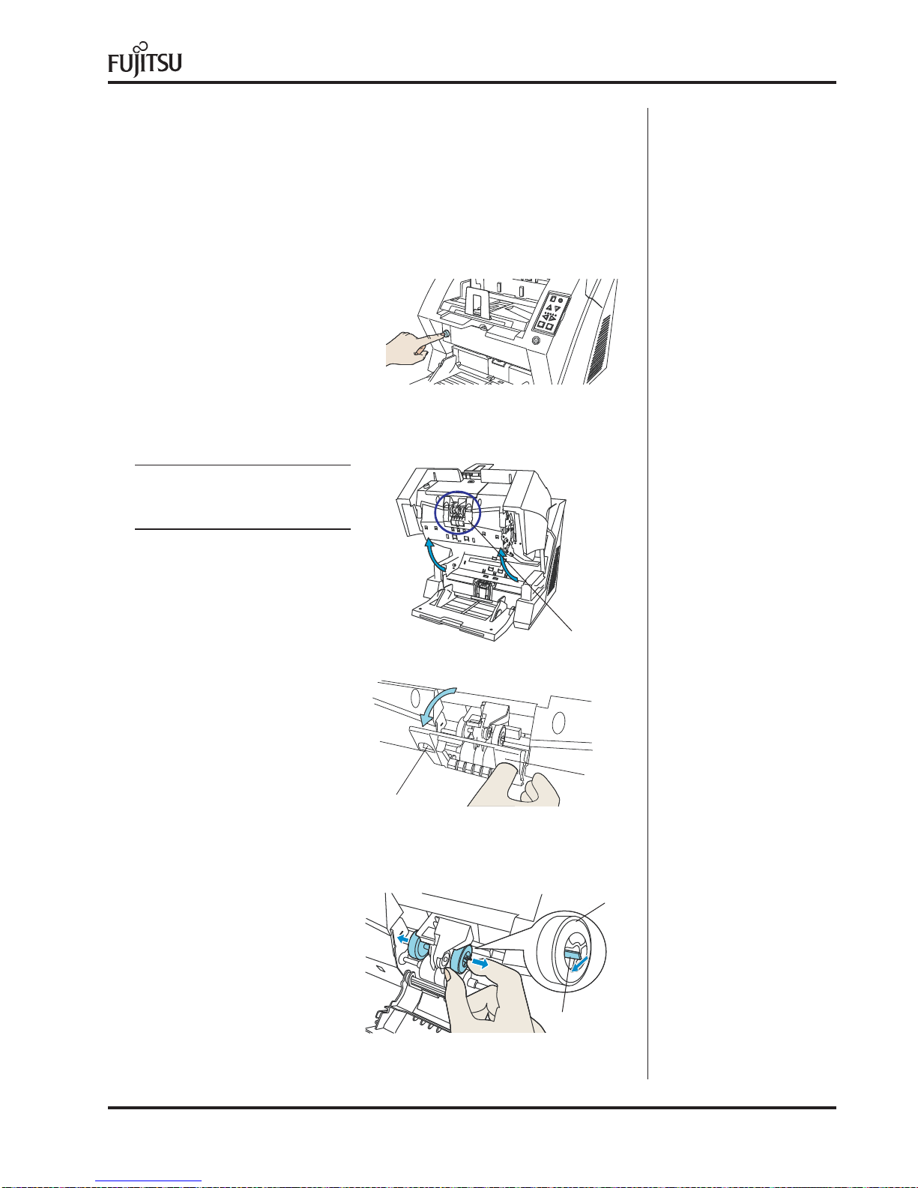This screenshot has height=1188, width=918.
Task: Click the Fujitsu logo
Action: pos(145,59)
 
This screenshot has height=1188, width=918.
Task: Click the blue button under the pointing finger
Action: pos(445,333)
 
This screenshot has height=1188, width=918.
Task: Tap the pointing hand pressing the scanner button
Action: pos(410,349)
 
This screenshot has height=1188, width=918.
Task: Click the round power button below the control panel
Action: pos(536,340)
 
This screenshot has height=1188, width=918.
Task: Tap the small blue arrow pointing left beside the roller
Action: pos(402,938)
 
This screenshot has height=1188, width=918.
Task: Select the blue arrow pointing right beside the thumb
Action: pos(480,962)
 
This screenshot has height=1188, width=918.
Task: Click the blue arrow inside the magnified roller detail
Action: pos(579,962)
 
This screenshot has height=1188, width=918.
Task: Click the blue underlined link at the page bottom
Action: pos(148,1181)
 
